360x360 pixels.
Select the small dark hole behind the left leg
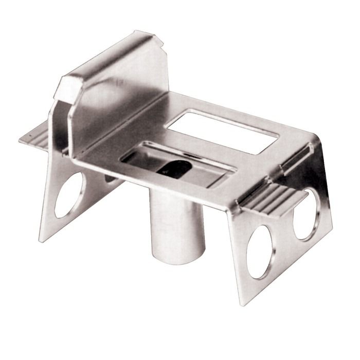click(x=110, y=177)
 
